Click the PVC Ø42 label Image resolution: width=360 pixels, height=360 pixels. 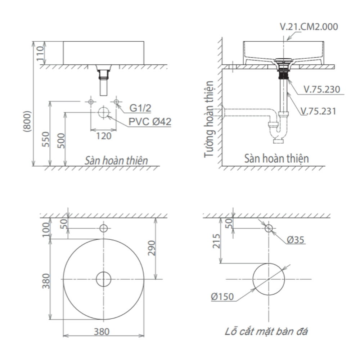point(150,122)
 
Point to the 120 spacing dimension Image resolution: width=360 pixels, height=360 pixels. point(103,136)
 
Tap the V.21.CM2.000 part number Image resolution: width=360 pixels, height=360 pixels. point(309,27)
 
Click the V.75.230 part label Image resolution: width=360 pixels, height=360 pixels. point(321,89)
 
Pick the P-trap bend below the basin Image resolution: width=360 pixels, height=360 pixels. point(278,133)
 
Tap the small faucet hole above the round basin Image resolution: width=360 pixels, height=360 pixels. point(104,228)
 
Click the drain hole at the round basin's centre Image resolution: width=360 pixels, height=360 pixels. point(104,279)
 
